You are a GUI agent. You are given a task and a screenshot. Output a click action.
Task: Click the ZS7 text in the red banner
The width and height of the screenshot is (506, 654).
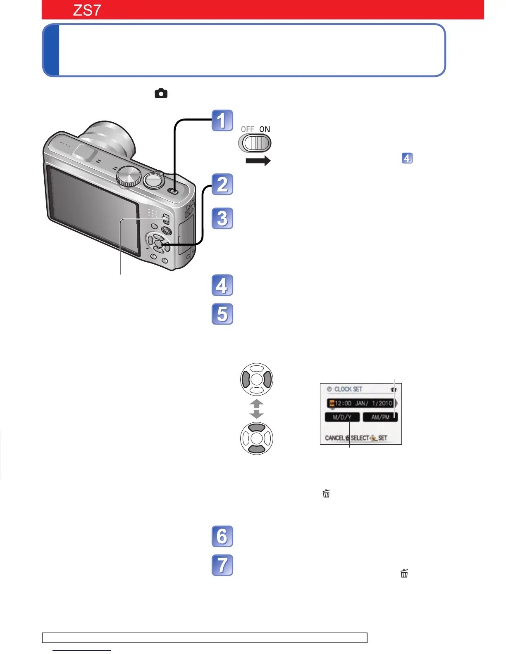click(x=87, y=10)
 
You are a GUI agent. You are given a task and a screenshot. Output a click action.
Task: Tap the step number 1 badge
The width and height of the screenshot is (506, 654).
click(x=222, y=121)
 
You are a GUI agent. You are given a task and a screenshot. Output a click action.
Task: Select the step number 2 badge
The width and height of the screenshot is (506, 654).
click(x=222, y=184)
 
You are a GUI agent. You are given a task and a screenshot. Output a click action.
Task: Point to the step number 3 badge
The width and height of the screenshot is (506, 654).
click(x=222, y=218)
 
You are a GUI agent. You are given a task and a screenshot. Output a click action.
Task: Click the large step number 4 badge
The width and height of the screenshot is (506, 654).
click(x=222, y=285)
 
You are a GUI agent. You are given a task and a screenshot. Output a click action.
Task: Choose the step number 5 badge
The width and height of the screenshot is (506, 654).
click(x=222, y=314)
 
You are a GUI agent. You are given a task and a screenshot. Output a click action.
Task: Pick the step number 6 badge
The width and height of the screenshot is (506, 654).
click(x=222, y=536)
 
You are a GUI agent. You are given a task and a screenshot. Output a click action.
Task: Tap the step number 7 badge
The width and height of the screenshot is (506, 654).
click(x=222, y=565)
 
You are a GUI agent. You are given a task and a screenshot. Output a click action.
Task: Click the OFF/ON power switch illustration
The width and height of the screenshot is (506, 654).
click(x=255, y=143)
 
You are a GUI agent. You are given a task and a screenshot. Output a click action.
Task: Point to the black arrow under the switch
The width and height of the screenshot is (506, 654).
click(x=258, y=161)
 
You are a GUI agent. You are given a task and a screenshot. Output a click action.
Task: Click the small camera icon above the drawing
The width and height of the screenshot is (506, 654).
click(x=161, y=94)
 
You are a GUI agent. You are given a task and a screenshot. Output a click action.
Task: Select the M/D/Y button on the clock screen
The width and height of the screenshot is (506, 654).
click(x=342, y=417)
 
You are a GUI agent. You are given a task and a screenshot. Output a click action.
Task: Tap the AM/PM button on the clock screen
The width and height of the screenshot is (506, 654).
click(x=380, y=417)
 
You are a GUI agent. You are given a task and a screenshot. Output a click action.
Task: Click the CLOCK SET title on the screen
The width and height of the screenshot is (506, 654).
click(x=348, y=389)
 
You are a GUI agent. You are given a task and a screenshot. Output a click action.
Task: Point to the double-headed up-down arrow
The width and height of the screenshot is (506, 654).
click(x=257, y=409)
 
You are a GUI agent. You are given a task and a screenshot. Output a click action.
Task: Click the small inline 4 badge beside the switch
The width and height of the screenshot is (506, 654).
click(x=407, y=158)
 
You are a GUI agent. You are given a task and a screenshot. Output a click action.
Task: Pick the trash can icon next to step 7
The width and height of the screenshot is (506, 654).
click(x=404, y=573)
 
